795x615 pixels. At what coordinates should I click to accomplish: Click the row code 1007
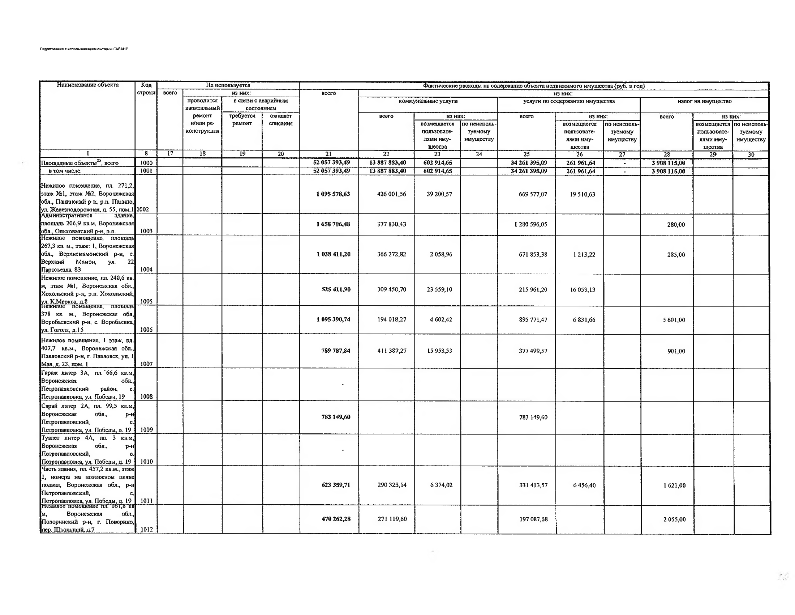pyautogui.click(x=146, y=364)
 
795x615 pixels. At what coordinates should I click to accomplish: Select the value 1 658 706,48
pyautogui.click(x=333, y=224)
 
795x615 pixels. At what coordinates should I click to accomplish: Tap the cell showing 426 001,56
pyautogui.click(x=391, y=194)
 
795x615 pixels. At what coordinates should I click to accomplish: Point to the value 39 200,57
pyautogui.click(x=439, y=194)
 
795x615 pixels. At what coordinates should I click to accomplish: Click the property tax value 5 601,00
pyautogui.click(x=674, y=320)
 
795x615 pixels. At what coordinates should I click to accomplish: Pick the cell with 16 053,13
pyautogui.click(x=583, y=290)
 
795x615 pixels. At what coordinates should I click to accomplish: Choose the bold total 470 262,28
pyautogui.click(x=336, y=519)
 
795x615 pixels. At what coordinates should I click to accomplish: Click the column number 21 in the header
pyautogui.click(x=328, y=154)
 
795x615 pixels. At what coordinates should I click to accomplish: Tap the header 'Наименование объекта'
pyautogui.click(x=88, y=85)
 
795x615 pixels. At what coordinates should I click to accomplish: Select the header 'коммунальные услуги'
pyautogui.click(x=428, y=101)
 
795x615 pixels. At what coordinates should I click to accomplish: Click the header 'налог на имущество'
pyautogui.click(x=704, y=101)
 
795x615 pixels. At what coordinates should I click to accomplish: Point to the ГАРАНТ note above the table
pyautogui.click(x=84, y=49)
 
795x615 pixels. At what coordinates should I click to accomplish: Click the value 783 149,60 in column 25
pyautogui.click(x=533, y=417)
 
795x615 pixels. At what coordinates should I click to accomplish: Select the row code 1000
pyautogui.click(x=146, y=163)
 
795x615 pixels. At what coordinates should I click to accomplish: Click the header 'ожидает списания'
pyautogui.click(x=281, y=119)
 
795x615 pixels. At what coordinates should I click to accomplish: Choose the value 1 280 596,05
pyautogui.click(x=530, y=224)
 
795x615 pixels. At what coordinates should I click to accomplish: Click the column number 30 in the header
pyautogui.click(x=751, y=154)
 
